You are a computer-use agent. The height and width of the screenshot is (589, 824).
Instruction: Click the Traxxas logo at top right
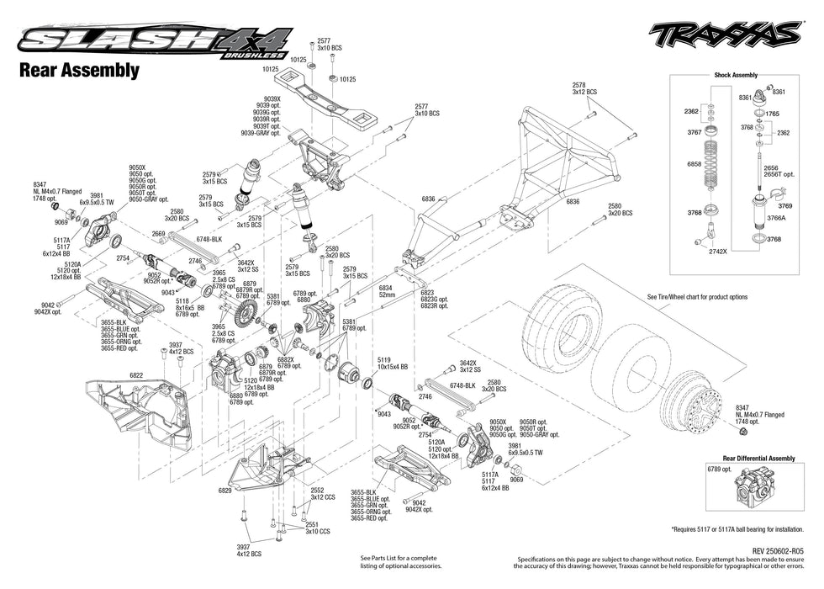[x=724, y=34]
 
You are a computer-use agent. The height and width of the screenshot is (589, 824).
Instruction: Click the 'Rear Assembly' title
[x=79, y=71]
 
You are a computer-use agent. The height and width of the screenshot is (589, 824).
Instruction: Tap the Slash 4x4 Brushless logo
[x=156, y=41]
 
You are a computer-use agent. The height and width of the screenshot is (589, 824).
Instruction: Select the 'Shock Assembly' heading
[x=736, y=75]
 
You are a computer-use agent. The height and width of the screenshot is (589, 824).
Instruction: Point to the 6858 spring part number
[x=694, y=164]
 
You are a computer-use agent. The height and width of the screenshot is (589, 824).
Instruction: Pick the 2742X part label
[x=717, y=251]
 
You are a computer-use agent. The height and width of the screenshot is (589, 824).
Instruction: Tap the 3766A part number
[x=776, y=218]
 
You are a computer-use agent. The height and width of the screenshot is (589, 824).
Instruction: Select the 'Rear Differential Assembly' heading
[x=747, y=459]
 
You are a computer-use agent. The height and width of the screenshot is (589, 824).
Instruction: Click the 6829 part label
[x=224, y=490]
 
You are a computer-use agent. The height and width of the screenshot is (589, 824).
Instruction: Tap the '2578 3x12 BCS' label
[x=584, y=88]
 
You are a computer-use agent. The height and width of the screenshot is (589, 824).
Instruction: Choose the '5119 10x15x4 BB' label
[x=392, y=364]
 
